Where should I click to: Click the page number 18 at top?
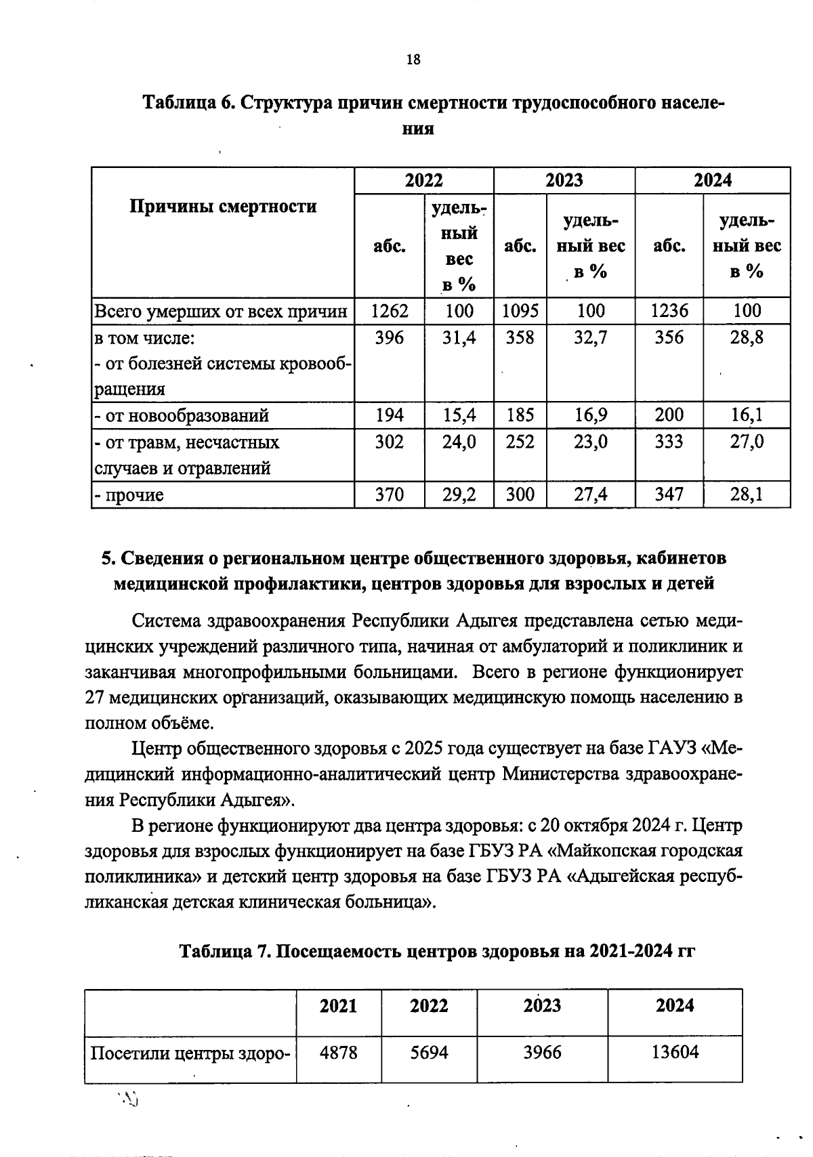coord(413,60)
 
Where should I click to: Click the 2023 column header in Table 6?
coord(564,180)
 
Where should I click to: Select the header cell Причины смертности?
coord(223,207)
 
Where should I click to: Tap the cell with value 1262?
coord(390,311)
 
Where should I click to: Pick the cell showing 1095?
coord(520,311)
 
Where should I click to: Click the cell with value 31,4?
coord(459,337)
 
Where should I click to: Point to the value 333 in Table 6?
coord(669,442)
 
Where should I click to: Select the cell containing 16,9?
coord(591,415)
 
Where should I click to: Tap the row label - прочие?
coord(129,495)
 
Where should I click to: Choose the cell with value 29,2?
coord(459,495)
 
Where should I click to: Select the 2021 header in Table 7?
coord(338,1005)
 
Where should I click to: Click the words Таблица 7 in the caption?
coord(225,952)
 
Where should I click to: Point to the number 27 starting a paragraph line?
coord(95,698)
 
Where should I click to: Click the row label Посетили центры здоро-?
coord(190,1054)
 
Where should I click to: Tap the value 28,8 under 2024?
coord(746,337)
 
